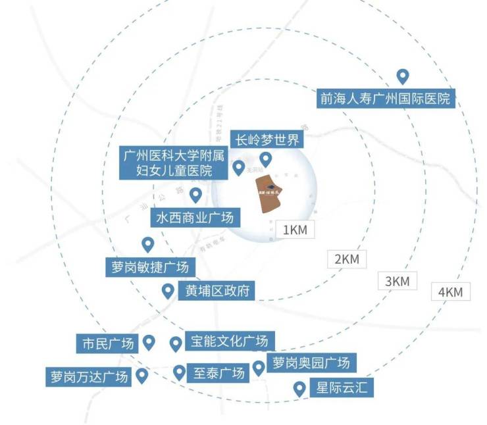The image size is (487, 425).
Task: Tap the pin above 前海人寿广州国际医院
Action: click(402, 76)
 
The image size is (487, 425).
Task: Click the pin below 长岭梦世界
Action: click(266, 159)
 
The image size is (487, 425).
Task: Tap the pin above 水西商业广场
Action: click(195, 195)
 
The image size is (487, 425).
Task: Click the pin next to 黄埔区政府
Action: click(168, 291)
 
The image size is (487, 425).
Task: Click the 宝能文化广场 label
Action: click(229, 342)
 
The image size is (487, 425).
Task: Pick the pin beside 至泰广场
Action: click(179, 372)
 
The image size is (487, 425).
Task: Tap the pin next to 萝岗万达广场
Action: click(141, 376)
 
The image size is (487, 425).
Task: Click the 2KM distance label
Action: click(347, 259)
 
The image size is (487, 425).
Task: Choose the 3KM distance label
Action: click(397, 281)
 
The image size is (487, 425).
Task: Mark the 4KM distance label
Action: click(451, 292)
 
